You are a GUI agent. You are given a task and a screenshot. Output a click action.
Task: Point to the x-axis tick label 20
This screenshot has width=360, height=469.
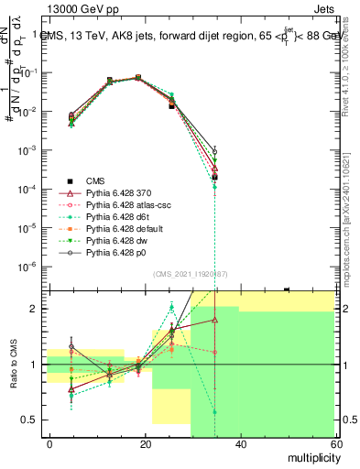[x=145, y=442]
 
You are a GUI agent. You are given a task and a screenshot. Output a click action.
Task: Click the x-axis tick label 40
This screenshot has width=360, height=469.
[x=240, y=442]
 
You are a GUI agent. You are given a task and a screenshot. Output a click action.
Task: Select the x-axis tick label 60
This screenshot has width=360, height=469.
[x=334, y=442]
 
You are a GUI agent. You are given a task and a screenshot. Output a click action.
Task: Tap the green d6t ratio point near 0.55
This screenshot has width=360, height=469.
[x=214, y=412]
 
